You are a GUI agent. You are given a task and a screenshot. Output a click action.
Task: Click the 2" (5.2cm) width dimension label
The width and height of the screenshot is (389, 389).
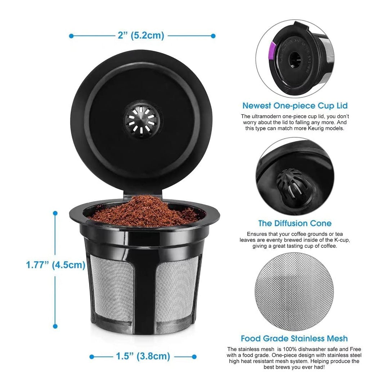(x=141, y=36)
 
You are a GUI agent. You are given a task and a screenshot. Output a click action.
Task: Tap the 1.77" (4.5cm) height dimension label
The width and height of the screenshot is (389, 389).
(x=56, y=265)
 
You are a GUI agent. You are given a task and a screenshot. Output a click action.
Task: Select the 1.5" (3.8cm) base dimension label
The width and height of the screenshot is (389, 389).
(x=143, y=356)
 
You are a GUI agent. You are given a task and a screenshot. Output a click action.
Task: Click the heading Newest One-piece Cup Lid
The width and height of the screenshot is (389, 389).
(x=295, y=106)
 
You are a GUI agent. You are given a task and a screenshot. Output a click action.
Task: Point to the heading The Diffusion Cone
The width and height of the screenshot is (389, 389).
(x=295, y=223)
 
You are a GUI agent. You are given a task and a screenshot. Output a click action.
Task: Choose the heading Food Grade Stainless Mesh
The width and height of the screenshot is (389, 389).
(x=294, y=339)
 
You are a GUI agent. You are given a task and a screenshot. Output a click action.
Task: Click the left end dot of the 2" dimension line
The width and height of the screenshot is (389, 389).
(x=71, y=36)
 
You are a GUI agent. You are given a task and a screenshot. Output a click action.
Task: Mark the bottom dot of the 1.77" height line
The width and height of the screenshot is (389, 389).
(x=55, y=326)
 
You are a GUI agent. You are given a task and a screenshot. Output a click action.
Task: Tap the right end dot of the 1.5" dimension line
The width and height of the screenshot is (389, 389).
(x=194, y=357)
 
